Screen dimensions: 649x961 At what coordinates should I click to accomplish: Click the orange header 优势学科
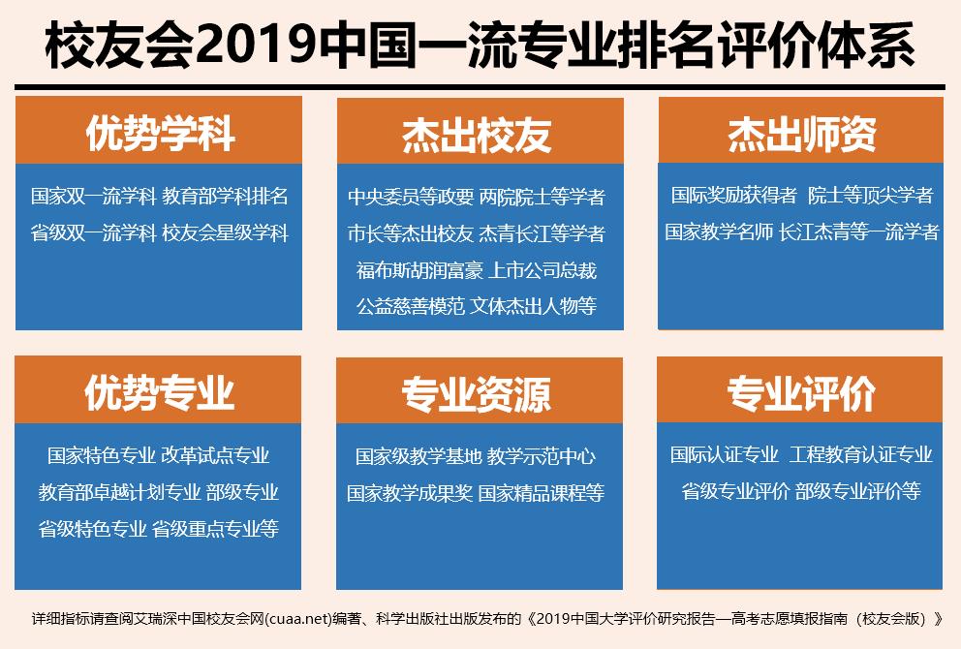(x=159, y=133)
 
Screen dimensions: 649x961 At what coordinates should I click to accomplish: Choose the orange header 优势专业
(x=159, y=392)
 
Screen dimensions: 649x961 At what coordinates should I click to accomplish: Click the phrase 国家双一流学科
(x=93, y=197)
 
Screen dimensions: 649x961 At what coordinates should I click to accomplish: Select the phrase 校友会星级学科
(x=225, y=232)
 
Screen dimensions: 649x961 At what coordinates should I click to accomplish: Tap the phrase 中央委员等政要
(x=411, y=197)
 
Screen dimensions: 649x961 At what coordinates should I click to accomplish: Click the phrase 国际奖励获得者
(x=734, y=195)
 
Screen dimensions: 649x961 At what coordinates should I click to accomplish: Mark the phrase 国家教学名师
(x=719, y=232)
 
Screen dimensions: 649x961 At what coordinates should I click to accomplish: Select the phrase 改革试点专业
(x=215, y=454)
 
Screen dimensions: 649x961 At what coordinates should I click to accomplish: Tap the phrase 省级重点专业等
(x=215, y=528)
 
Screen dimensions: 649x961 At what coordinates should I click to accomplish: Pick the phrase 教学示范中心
(x=542, y=455)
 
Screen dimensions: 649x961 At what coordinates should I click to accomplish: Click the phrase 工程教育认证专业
(x=860, y=453)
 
